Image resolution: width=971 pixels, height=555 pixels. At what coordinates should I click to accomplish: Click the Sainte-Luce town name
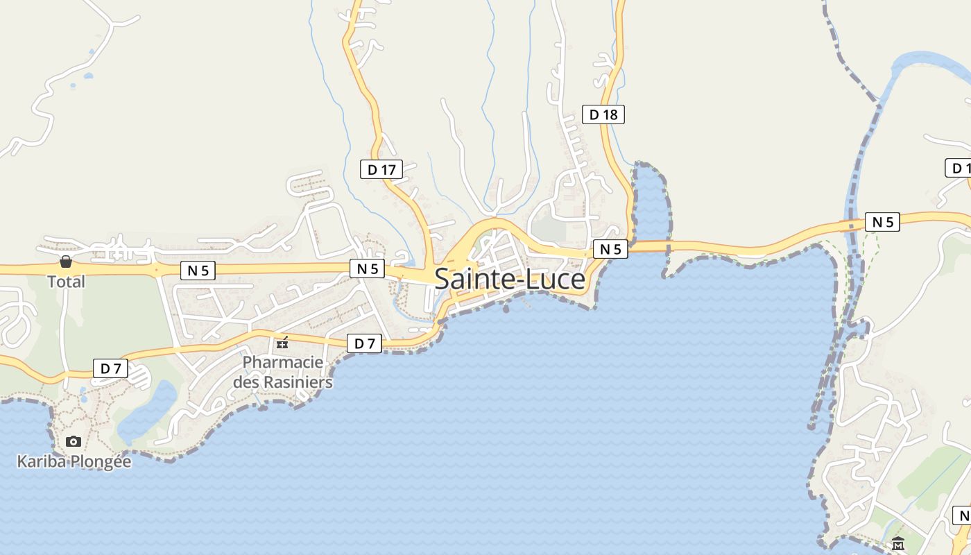pos(510,279)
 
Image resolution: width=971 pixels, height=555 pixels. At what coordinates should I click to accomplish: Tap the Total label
pos(66,282)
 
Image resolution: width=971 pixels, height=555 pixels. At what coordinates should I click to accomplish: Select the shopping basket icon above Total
pos(66,262)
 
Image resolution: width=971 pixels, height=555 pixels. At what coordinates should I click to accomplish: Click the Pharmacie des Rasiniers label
pos(283,372)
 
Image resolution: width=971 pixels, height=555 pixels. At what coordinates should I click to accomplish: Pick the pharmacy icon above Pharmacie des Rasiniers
pos(282,342)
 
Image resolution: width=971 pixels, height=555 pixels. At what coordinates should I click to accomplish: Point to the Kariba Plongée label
pos(74,461)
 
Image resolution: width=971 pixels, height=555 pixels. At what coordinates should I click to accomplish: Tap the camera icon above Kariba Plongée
pos(74,441)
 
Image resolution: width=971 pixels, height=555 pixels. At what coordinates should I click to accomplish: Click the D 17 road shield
pos(381,169)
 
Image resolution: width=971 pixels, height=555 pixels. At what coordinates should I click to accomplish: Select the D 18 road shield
pos(603,114)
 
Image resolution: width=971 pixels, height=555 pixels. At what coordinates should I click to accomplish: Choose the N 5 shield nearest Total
pos(198,271)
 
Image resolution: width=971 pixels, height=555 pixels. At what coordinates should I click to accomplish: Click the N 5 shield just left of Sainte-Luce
pos(367,268)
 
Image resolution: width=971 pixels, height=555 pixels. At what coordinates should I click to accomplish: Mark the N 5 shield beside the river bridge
pos(882,222)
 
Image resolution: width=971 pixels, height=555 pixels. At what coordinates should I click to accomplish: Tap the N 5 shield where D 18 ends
pos(610,249)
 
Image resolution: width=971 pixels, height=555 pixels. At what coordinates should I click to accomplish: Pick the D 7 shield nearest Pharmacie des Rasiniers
pos(364,343)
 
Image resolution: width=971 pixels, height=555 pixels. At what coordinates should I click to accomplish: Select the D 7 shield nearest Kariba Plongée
pos(111,368)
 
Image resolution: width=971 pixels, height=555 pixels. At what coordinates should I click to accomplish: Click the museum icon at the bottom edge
pos(898,544)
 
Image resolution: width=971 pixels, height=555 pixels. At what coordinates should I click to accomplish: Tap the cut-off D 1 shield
pos(959,168)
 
